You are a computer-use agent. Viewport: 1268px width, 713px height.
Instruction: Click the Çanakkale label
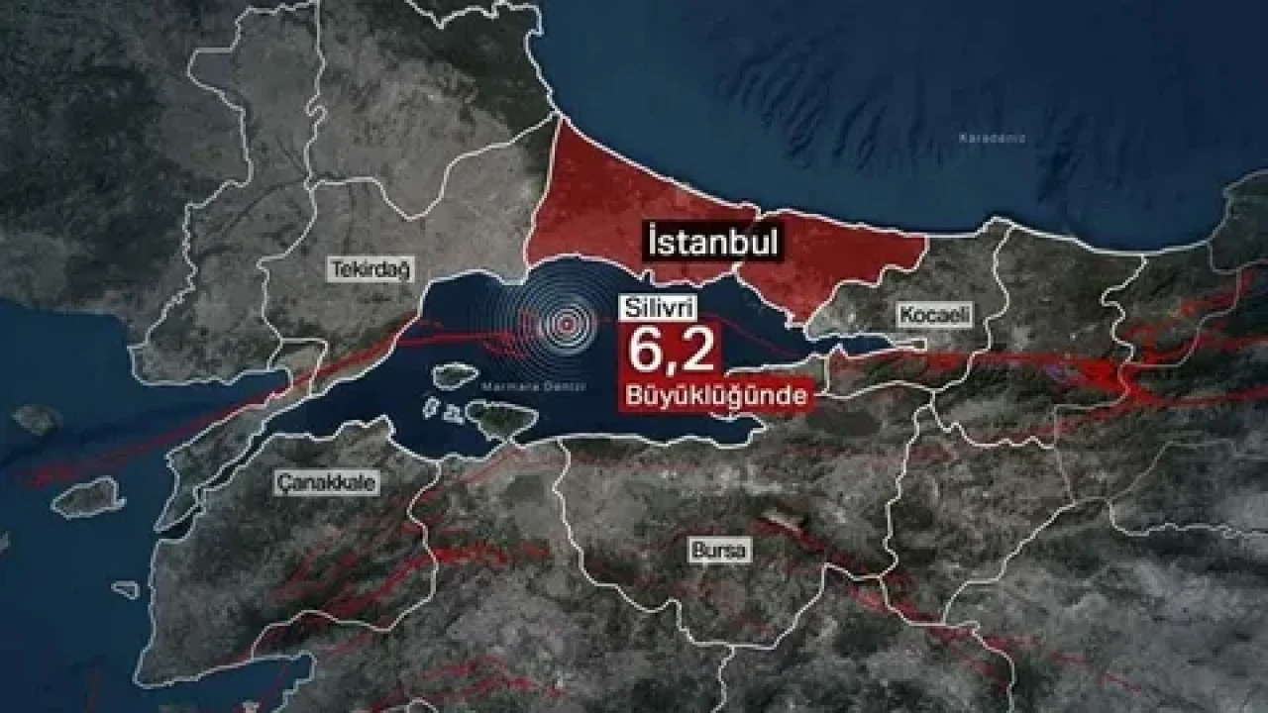coord(313,482)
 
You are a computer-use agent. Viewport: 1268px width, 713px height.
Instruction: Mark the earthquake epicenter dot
coord(565,322)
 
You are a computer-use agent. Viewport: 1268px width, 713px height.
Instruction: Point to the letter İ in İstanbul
coord(654,241)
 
